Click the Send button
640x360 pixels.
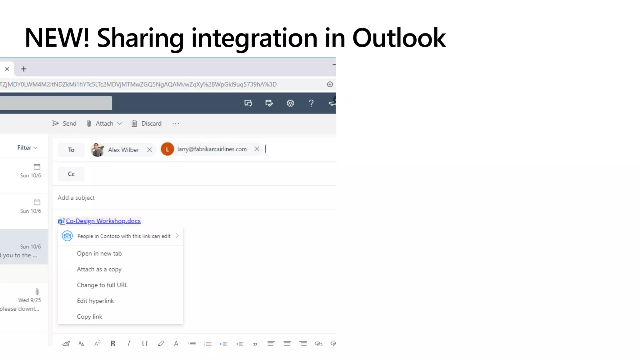[64, 123]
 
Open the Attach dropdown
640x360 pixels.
[119, 123]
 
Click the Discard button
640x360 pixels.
[146, 123]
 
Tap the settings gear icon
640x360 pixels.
[290, 103]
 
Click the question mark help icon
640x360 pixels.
[311, 103]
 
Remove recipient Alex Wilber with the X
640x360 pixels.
[150, 150]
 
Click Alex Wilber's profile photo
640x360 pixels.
[97, 150]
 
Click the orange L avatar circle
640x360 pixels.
[167, 149]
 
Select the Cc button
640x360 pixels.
[71, 174]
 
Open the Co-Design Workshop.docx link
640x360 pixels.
[103, 221]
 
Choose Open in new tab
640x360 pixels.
[99, 253]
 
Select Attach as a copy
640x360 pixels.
[99, 269]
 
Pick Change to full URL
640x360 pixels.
[102, 285]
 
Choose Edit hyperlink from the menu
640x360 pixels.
[95, 301]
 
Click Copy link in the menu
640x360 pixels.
[90, 317]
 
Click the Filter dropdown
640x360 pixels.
[27, 148]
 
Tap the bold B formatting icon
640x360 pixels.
[113, 343]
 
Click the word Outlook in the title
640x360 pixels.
[399, 38]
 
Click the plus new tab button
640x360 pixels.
[24, 69]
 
